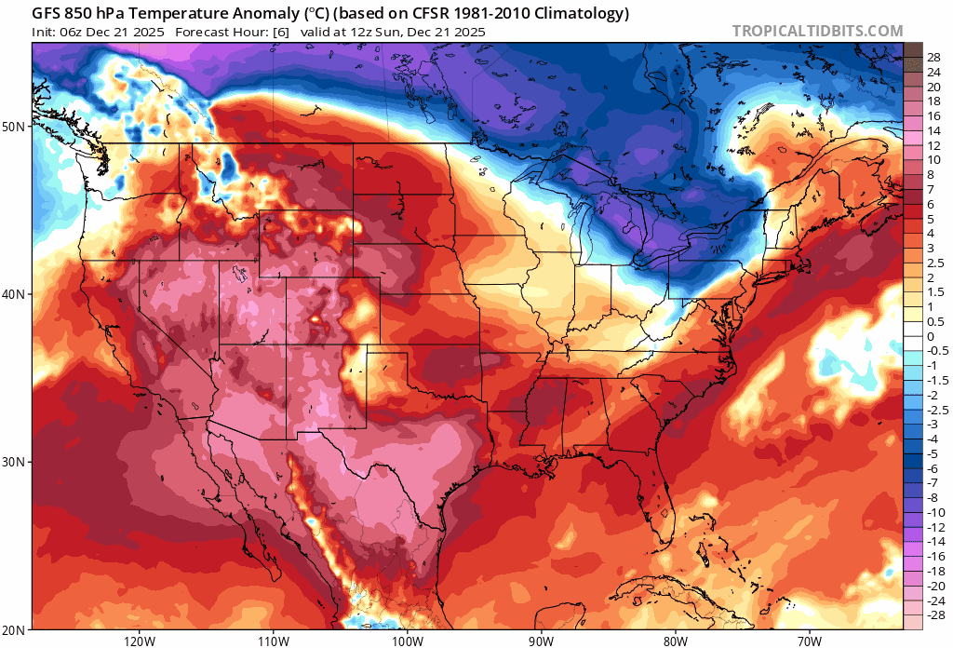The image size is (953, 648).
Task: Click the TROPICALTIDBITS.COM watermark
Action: [x=817, y=31]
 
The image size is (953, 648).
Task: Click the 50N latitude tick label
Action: [x=16, y=126]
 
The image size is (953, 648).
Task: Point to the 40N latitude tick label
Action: [x=16, y=294]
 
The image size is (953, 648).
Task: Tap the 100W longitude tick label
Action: [x=407, y=641]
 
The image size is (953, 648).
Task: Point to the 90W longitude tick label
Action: [x=541, y=641]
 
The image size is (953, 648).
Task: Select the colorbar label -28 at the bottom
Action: [x=937, y=615]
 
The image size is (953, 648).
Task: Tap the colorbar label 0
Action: [x=931, y=337]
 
